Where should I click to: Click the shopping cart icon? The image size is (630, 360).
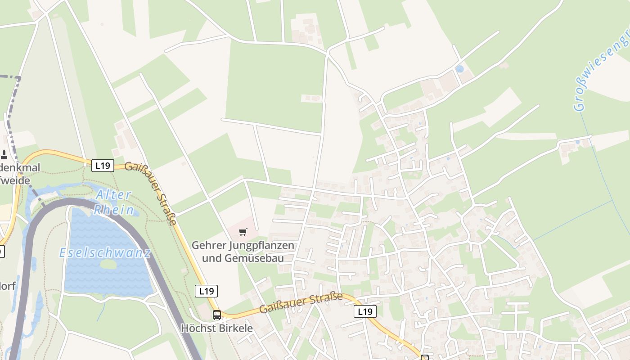tap(243, 232)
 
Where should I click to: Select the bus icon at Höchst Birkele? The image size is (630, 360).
tap(217, 315)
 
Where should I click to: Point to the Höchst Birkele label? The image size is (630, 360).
tap(217, 328)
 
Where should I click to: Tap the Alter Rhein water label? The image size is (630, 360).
tap(113, 202)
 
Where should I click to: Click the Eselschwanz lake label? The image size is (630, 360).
tap(105, 252)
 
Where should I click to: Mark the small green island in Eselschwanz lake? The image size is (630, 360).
tap(108, 264)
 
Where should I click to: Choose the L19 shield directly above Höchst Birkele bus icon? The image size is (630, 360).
tap(207, 291)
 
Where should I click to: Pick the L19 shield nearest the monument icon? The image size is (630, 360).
tap(103, 166)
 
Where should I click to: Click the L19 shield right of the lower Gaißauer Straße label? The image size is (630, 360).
tap(365, 311)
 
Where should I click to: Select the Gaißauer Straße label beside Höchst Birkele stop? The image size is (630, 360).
tap(301, 303)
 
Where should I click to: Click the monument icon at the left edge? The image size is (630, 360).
tap(4, 155)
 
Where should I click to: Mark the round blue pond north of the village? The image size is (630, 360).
tap(459, 69)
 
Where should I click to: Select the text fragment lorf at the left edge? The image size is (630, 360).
tap(8, 285)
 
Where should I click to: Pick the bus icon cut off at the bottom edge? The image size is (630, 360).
tap(424, 357)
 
